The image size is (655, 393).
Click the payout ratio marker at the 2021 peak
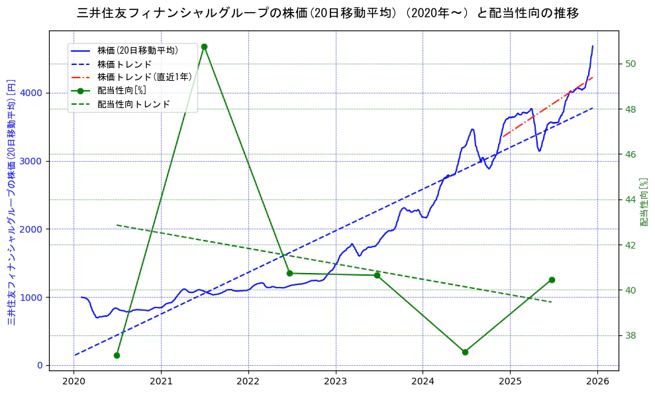[204, 46]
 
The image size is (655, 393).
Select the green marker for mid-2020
[117, 355]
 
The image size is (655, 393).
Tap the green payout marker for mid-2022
[289, 273]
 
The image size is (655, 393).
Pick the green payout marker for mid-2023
[377, 275]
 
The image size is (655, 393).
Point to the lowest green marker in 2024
[465, 352]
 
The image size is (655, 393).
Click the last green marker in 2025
[552, 280]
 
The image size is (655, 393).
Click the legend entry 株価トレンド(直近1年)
[144, 77]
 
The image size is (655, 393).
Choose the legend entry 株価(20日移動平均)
[138, 50]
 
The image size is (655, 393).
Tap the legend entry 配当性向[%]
[122, 90]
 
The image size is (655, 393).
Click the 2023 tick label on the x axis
[336, 381]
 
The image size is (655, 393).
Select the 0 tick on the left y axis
[40, 365]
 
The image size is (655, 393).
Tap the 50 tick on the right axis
[630, 64]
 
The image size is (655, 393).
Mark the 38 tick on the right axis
[630, 335]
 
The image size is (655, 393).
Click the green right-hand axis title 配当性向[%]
[644, 201]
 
